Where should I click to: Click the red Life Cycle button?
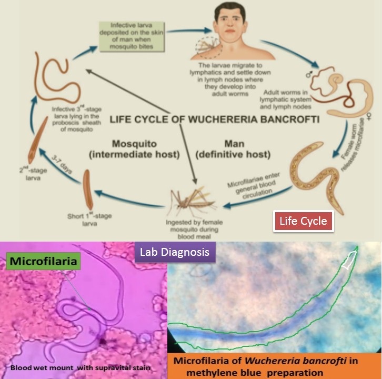[x=303, y=221]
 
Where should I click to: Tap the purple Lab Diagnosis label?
[x=175, y=252]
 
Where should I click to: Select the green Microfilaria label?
[x=43, y=261]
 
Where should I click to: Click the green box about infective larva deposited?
[x=132, y=36]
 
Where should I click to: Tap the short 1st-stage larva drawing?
[x=88, y=189]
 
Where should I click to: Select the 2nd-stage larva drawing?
[x=36, y=140]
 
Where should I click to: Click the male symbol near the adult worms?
[x=309, y=74]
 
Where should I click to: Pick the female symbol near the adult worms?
[x=369, y=116]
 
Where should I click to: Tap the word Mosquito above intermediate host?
[x=134, y=144]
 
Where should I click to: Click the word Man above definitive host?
[x=234, y=144]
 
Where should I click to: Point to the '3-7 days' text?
[x=62, y=165]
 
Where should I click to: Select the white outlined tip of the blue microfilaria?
[x=349, y=260]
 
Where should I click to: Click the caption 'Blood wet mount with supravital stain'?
[x=80, y=367]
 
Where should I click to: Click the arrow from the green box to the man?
[x=189, y=31]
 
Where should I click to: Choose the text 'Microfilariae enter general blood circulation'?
[x=254, y=186]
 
